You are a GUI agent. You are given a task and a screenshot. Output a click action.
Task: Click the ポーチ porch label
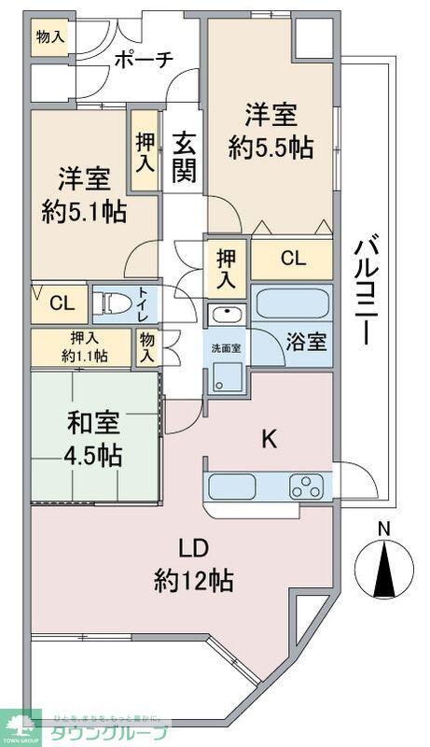click(x=144, y=60)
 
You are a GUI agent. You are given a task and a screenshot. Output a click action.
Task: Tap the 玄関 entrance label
click(x=183, y=159)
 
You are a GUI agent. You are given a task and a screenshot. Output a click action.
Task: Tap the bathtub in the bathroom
click(x=291, y=304)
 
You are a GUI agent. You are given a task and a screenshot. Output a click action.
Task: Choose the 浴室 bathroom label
click(x=306, y=342)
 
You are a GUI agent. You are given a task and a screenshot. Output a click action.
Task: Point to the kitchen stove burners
click(x=306, y=486)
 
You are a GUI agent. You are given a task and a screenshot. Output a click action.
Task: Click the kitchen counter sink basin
click(x=230, y=486)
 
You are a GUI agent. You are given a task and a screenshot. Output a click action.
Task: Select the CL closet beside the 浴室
click(x=292, y=260)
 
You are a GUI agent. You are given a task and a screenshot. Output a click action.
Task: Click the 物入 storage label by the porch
click(x=49, y=37)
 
